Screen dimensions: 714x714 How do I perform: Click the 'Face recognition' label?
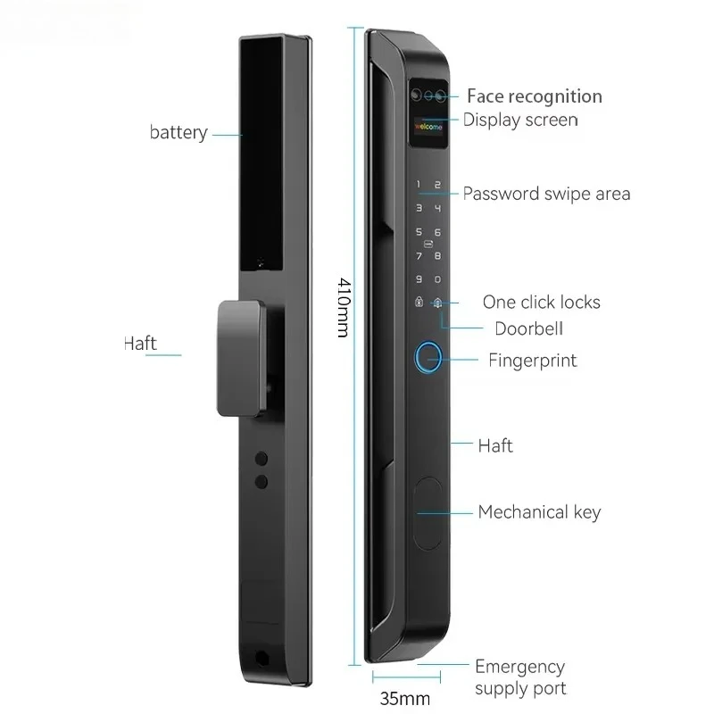tap(535, 96)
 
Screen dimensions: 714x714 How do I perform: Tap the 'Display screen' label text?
tap(520, 120)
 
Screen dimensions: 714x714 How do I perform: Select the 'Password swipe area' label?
tap(546, 194)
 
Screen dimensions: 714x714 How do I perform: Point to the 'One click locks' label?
tap(542, 302)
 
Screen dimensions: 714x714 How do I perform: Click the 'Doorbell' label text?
tap(528, 328)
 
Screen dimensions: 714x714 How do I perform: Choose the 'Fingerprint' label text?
tap(533, 361)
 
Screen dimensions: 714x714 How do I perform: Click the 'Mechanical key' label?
tap(540, 512)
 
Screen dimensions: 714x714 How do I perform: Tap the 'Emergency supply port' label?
tap(520, 677)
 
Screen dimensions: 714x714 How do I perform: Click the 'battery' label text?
tap(178, 132)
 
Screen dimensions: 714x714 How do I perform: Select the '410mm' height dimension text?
tap(344, 307)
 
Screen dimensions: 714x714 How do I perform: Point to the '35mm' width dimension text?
tap(405, 698)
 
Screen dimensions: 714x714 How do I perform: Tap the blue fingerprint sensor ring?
tap(428, 358)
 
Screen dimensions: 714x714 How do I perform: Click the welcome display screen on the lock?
tap(428, 127)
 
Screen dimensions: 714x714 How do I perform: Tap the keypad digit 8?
tap(437, 256)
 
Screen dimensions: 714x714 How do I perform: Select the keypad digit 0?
tap(437, 279)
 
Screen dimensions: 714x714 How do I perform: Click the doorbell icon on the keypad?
tap(437, 303)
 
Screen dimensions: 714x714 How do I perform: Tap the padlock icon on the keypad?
tap(419, 302)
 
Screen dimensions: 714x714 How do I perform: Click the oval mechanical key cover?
tap(428, 513)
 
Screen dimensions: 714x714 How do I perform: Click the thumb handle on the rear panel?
tap(241, 358)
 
